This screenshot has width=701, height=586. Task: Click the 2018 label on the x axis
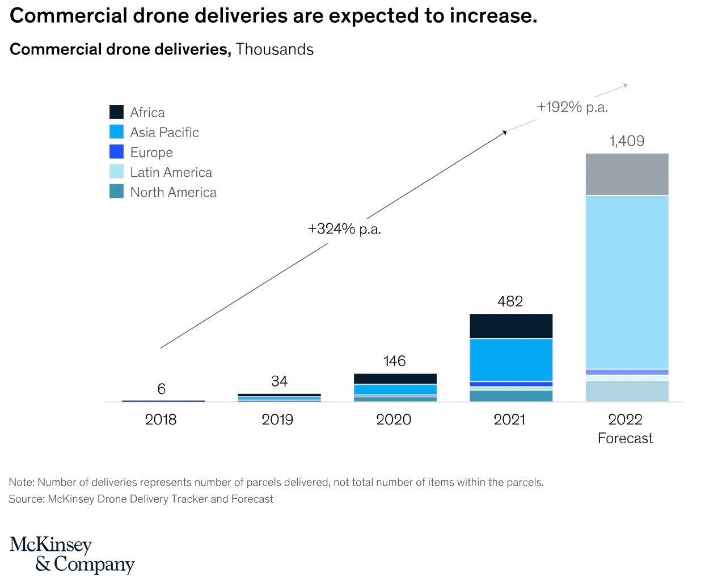pos(161,420)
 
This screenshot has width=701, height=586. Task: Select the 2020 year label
pos(394,420)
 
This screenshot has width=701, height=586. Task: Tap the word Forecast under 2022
pos(625,439)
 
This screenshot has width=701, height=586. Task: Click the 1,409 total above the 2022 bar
pos(627,141)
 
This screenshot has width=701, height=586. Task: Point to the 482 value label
pos(510,302)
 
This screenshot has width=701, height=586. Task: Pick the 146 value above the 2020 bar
pos(394,361)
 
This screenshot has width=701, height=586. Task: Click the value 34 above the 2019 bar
pos(279,381)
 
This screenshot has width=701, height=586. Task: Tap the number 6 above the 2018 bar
pos(162,389)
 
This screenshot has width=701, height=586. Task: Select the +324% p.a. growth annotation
pos(344,229)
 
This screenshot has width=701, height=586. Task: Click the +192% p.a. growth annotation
pos(572,107)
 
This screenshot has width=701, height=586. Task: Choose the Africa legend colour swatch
pos(116,112)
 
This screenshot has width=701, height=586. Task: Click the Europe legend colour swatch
pos(116,152)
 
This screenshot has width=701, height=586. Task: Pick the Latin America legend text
pos(171,172)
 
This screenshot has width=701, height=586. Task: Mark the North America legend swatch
pos(116,192)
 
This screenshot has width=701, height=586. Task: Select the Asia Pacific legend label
pos(164,133)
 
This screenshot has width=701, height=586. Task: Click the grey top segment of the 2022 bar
pos(627,174)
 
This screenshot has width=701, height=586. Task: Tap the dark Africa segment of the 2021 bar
pos(510,326)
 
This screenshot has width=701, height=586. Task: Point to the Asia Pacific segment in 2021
pos(510,359)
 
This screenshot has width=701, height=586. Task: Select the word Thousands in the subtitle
pos(275,49)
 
